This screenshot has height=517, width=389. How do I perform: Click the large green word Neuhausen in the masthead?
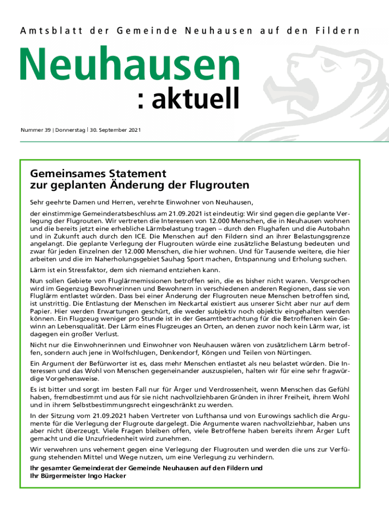129,66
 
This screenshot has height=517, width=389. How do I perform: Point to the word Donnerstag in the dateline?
70,130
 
